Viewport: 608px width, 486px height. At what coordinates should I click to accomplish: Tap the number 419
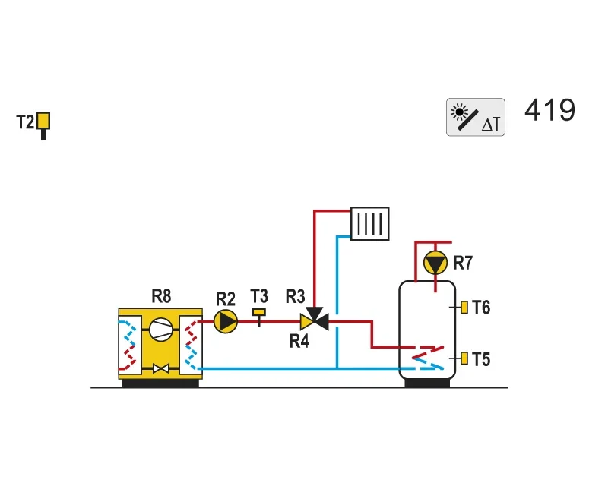click(x=549, y=110)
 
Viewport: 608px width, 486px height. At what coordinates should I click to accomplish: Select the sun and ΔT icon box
click(x=476, y=117)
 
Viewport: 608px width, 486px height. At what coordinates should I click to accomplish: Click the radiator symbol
click(x=369, y=223)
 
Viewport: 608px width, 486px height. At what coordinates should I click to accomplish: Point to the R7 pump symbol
click(x=435, y=263)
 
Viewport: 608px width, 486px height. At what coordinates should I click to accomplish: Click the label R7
click(x=463, y=263)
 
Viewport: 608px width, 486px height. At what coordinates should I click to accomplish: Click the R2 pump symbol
click(x=226, y=321)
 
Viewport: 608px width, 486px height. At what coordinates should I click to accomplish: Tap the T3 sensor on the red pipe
click(x=259, y=317)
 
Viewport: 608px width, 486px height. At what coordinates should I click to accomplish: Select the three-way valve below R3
click(x=315, y=320)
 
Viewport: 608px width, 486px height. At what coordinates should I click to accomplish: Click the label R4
click(x=299, y=342)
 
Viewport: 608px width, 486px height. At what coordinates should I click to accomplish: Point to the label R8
click(x=161, y=296)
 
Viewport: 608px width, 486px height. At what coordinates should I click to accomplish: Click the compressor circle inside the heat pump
click(x=161, y=330)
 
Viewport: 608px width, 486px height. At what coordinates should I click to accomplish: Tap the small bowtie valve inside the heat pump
click(x=161, y=368)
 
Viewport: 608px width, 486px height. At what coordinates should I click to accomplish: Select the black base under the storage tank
click(x=427, y=383)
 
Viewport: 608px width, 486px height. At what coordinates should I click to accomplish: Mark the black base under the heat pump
click(x=160, y=383)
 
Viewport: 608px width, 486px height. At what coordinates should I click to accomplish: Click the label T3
click(x=259, y=296)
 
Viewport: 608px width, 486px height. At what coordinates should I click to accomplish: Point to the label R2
click(x=226, y=299)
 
